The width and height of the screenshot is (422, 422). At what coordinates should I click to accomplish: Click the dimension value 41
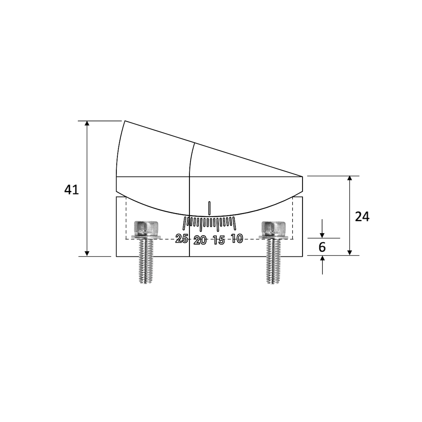pyautogui.click(x=71, y=190)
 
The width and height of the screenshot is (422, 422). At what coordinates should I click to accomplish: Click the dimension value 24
pyautogui.click(x=362, y=217)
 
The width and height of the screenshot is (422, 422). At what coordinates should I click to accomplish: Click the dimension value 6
pyautogui.click(x=322, y=247)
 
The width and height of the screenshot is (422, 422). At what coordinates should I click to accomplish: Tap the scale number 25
pyautogui.click(x=182, y=239)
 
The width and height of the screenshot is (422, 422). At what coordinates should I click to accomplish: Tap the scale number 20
pyautogui.click(x=200, y=241)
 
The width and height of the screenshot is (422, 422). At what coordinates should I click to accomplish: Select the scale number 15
pyautogui.click(x=219, y=241)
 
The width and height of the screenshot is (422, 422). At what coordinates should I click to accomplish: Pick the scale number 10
pyautogui.click(x=237, y=239)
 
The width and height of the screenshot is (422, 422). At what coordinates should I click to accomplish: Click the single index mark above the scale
pyautogui.click(x=210, y=208)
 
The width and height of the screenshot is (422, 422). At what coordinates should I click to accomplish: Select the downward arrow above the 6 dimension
pyautogui.click(x=322, y=235)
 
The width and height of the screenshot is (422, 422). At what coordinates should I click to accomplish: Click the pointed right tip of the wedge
pyautogui.click(x=302, y=176)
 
